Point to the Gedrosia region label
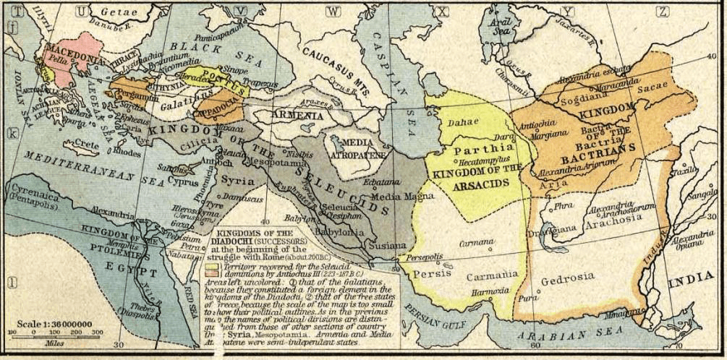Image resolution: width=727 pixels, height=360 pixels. pos(569,276)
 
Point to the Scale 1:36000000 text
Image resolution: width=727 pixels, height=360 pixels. pos(54,324)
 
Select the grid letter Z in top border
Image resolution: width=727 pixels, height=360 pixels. pos(661,10)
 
